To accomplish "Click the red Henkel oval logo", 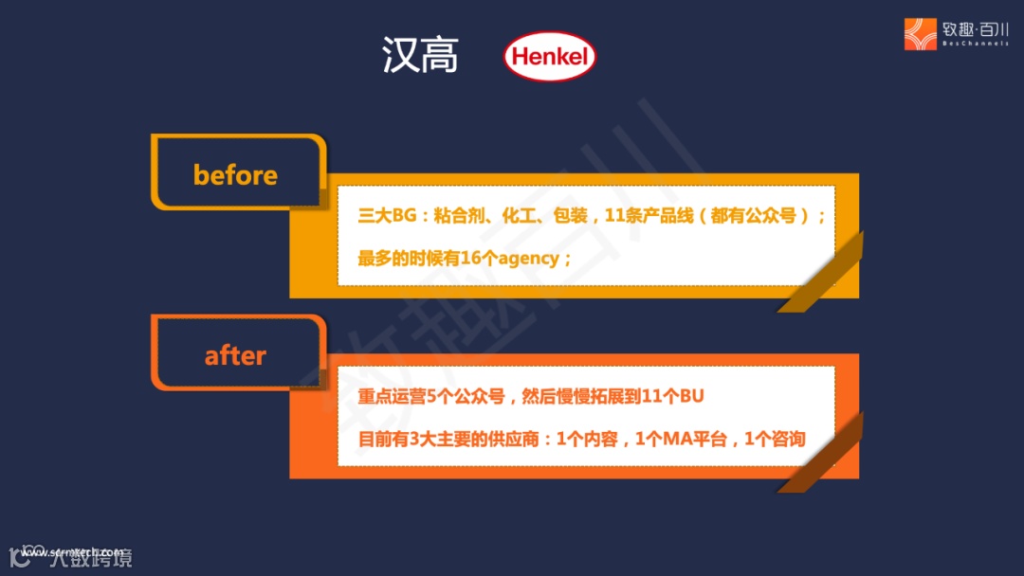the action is [549, 57].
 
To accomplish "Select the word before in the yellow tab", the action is [235, 175].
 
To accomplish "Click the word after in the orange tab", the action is [235, 356].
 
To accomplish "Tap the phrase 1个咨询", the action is [775, 439].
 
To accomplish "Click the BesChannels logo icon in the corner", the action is [920, 34].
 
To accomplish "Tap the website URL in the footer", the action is [71, 551].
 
